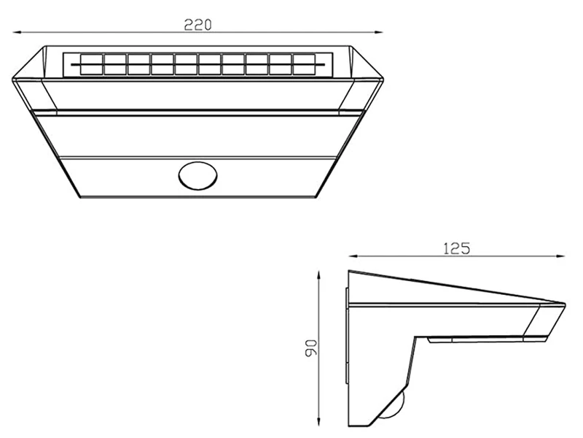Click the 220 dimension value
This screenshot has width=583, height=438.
197,24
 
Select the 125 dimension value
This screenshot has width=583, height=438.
456,248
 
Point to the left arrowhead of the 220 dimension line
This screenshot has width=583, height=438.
17,32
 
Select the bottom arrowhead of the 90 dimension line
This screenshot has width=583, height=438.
318,424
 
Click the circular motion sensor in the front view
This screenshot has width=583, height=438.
198,176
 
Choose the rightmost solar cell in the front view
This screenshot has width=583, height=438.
303,64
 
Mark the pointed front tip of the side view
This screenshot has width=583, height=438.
564,303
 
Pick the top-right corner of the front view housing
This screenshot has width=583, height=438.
354,47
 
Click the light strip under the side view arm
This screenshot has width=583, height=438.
477,339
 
